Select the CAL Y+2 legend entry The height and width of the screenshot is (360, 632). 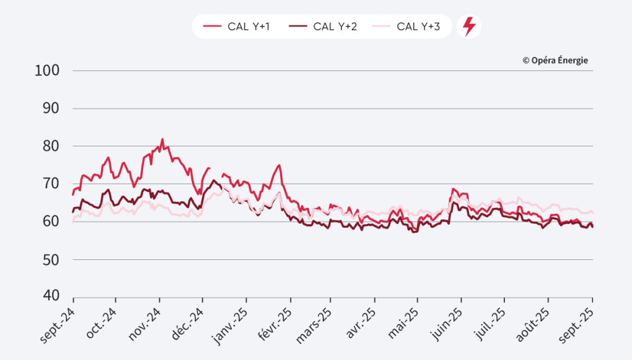click(324, 27)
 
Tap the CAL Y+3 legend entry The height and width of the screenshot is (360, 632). click(408, 27)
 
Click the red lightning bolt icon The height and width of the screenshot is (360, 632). click(469, 27)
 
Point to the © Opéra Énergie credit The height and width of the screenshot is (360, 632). click(555, 60)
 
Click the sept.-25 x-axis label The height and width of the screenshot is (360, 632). click(578, 321)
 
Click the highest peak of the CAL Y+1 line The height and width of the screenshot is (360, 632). click(162, 140)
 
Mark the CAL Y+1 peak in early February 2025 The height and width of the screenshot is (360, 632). click(280, 165)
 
